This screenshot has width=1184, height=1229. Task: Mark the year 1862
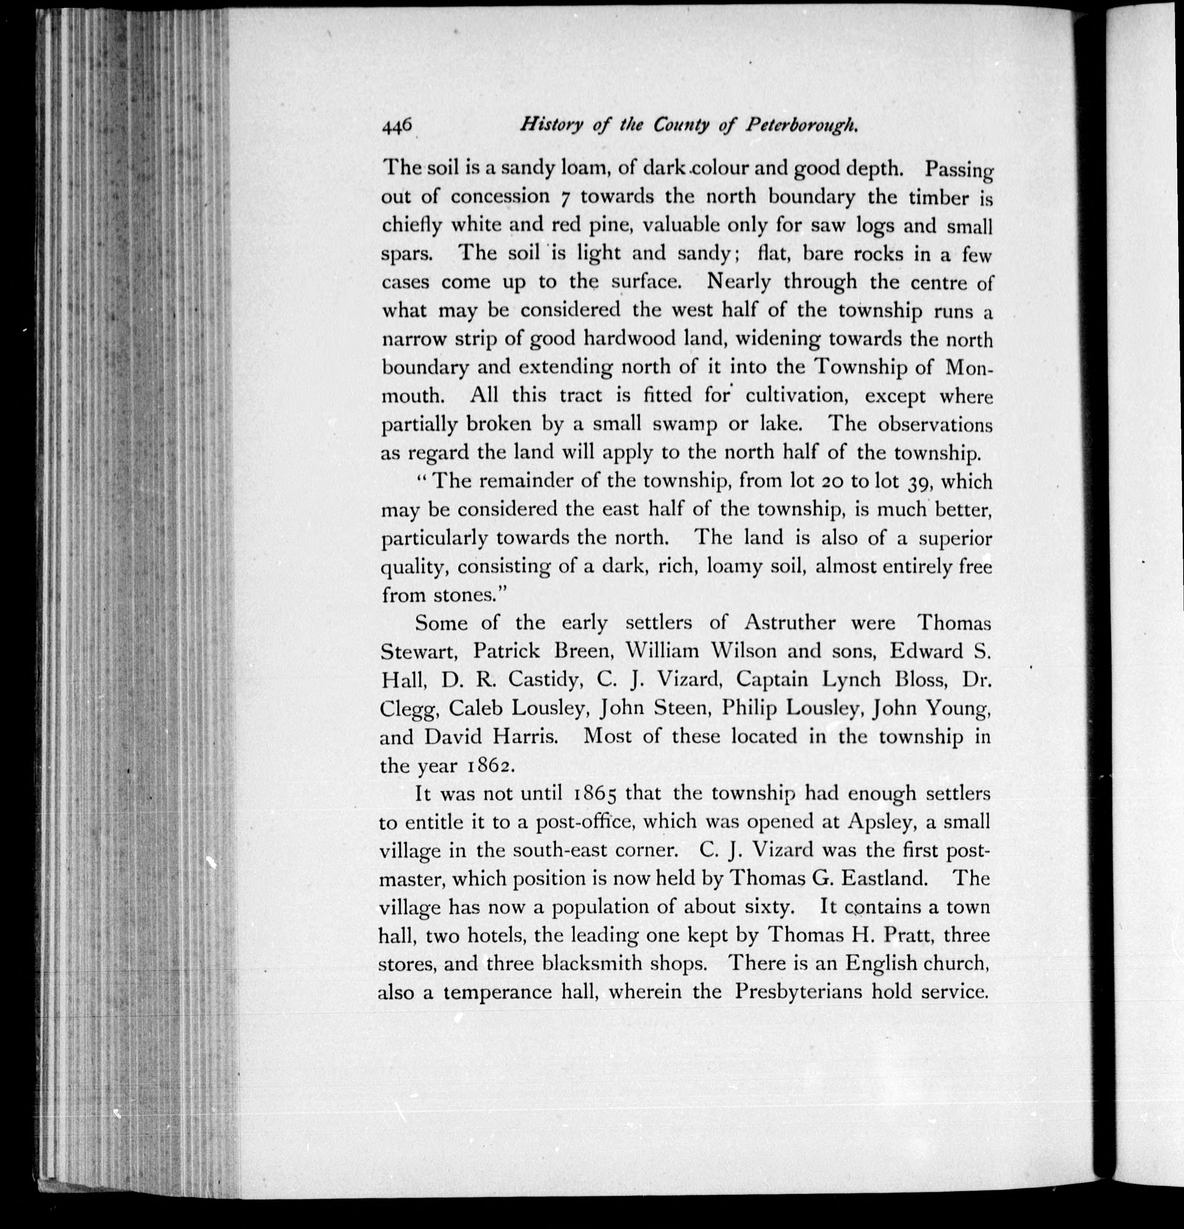click(x=490, y=766)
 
